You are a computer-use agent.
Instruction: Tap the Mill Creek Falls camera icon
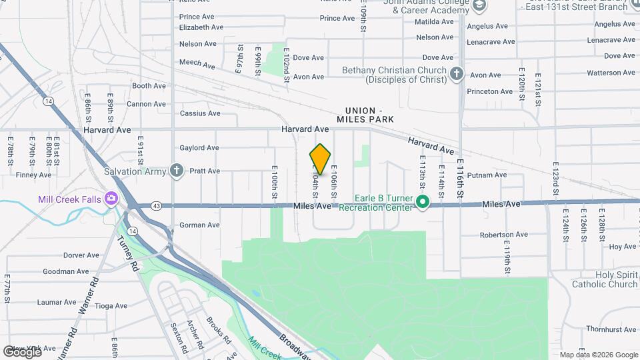(111, 198)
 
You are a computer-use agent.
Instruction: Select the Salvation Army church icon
(176, 171)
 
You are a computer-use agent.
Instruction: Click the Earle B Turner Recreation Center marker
(422, 201)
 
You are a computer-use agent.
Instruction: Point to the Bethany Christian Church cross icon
(457, 73)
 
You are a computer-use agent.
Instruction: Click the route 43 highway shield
(155, 205)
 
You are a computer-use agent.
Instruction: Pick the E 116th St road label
(459, 180)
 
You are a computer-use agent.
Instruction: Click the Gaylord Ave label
(199, 148)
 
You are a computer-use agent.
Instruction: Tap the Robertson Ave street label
(503, 235)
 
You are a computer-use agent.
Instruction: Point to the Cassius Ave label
(200, 113)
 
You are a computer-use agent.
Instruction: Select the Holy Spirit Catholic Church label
(607, 279)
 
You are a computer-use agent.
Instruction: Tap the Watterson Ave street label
(611, 73)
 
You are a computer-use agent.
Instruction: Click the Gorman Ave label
(199, 225)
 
